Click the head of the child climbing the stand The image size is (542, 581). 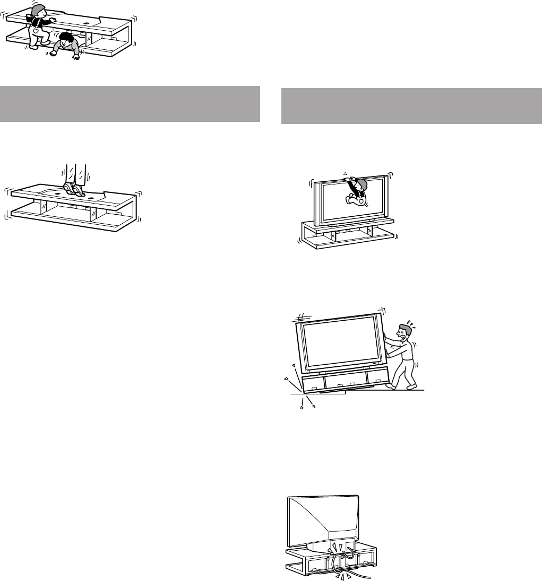38,11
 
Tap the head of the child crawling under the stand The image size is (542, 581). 66,39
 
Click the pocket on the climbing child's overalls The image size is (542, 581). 36,31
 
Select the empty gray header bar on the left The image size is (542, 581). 130,104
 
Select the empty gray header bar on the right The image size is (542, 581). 411,104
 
